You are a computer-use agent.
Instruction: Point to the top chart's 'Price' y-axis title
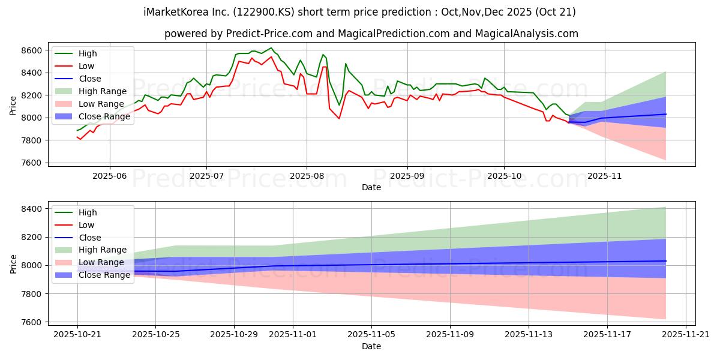(x=14, y=105)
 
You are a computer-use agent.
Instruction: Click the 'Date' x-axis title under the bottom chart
(x=371, y=346)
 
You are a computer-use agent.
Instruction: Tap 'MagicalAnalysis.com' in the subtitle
(x=526, y=34)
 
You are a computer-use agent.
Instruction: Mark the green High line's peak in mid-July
(x=271, y=48)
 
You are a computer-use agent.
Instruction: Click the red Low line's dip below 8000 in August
(x=339, y=118)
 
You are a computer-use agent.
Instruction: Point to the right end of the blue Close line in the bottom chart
(x=666, y=261)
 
